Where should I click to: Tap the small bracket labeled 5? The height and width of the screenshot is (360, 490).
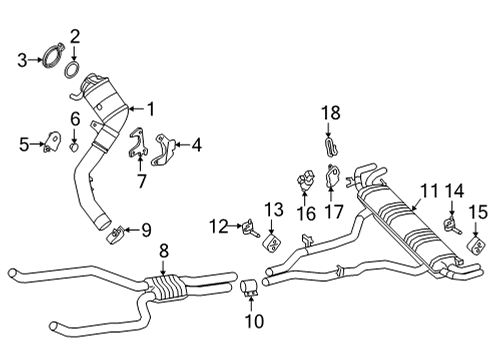pyautogui.click(x=47, y=145)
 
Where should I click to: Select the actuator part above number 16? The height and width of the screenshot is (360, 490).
pyautogui.click(x=304, y=183)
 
